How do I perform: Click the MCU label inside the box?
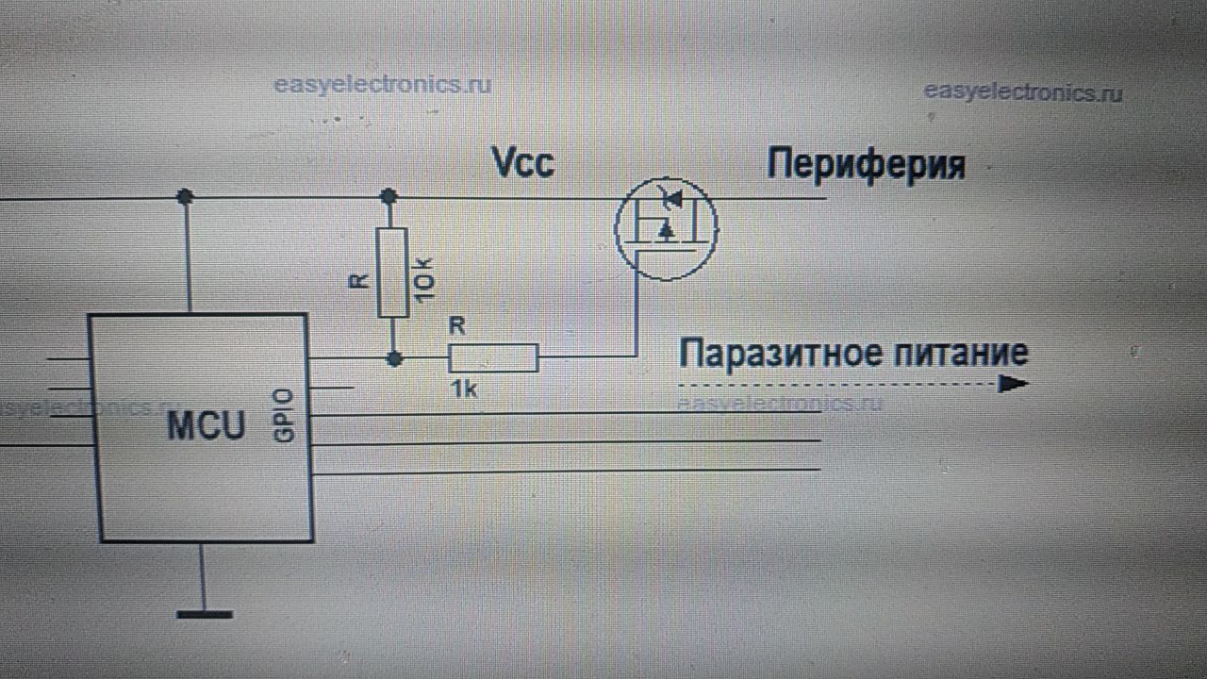(206, 425)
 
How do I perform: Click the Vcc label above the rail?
(523, 163)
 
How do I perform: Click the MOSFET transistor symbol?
(666, 226)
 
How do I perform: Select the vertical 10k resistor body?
(392, 273)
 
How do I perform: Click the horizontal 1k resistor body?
(493, 358)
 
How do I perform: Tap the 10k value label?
(423, 280)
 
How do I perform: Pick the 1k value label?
(463, 389)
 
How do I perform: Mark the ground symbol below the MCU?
(204, 614)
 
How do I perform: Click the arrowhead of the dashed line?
(1014, 385)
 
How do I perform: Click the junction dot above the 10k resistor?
(388, 196)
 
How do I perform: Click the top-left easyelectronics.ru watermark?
(382, 85)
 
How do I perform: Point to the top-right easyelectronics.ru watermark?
(1023, 92)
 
